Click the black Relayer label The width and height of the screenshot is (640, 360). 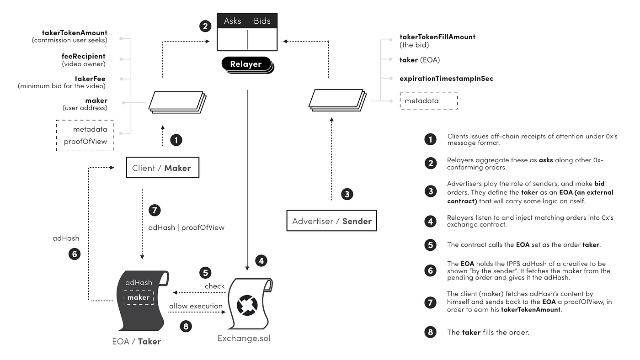pyautogui.click(x=246, y=64)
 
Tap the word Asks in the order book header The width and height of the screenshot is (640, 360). pyautogui.click(x=232, y=21)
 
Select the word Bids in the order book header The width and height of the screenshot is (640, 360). pyautogui.click(x=262, y=21)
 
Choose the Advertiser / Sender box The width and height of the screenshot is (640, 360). pyautogui.click(x=331, y=222)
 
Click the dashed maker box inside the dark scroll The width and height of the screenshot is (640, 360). pyautogui.click(x=139, y=297)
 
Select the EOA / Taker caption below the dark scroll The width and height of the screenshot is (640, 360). pyautogui.click(x=137, y=341)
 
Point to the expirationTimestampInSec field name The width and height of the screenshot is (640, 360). pyautogui.click(x=446, y=79)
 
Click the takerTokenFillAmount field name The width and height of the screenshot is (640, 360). pyautogui.click(x=437, y=37)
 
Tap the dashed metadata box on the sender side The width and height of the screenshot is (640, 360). pyautogui.click(x=428, y=101)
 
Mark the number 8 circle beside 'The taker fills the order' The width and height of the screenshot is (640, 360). pyautogui.click(x=430, y=332)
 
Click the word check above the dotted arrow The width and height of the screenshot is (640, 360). pyautogui.click(x=214, y=286)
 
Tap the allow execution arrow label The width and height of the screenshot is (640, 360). pyautogui.click(x=196, y=306)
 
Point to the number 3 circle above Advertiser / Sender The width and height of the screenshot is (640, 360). pyautogui.click(x=347, y=193)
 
